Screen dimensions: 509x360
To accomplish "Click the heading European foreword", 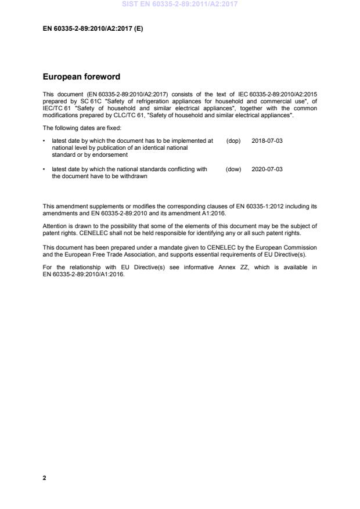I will point(82,76).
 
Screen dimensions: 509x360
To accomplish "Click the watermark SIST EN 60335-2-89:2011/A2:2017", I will point(179,4).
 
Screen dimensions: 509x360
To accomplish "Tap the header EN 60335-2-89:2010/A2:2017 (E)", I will point(93,28).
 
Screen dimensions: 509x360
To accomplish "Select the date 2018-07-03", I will point(267,141).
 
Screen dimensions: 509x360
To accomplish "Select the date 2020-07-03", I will point(267,169).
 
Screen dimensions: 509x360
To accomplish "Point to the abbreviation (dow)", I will point(233,169).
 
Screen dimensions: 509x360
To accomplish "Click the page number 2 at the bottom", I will point(45,478).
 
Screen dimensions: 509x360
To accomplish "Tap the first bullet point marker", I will point(45,141).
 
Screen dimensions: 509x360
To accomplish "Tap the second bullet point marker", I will point(45,169).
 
